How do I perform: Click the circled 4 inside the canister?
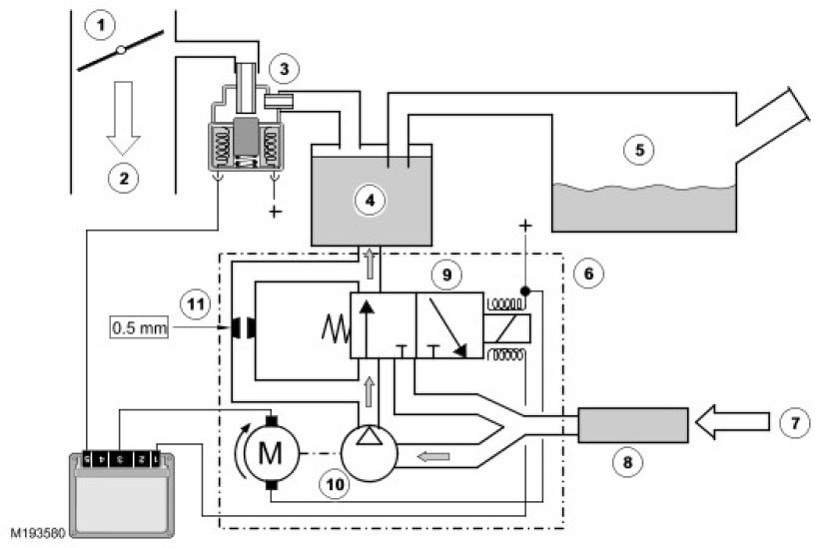point(371,200)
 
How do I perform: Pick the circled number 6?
point(592,273)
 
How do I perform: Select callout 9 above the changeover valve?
point(446,271)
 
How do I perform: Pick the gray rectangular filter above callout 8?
point(633,425)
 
